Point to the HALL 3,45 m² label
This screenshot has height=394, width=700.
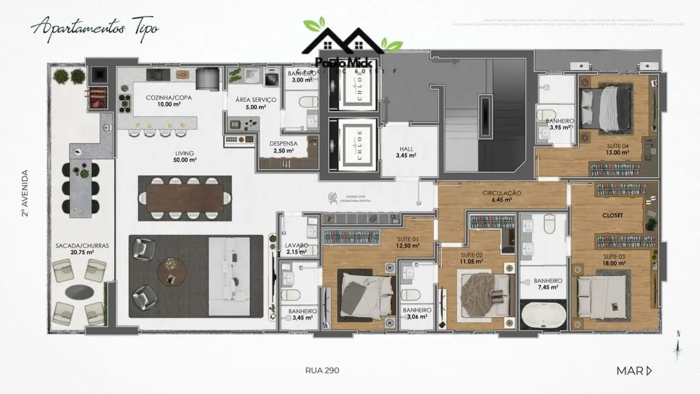click(x=406, y=152)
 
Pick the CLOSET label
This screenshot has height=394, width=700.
click(x=613, y=215)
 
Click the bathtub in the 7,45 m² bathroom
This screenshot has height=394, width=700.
click(x=543, y=315)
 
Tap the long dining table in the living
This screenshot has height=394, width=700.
click(x=185, y=198)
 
